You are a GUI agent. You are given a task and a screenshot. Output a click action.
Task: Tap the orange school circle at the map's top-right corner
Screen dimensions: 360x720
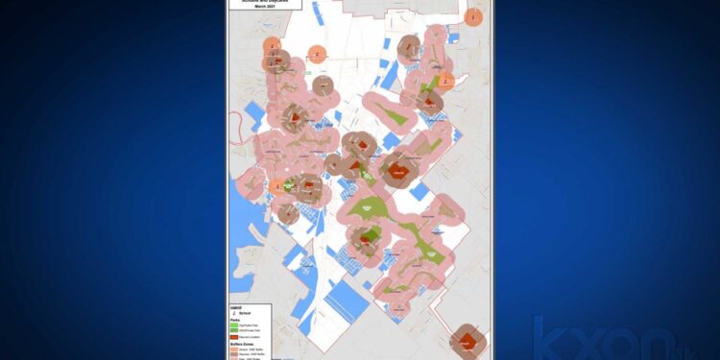[x=473, y=16]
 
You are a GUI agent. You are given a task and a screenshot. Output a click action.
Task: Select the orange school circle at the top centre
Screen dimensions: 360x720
[x=322, y=53]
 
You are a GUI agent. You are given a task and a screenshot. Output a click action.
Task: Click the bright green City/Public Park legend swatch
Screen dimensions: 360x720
[x=235, y=324]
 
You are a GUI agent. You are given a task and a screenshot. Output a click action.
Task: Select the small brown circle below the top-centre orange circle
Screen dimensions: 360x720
[x=324, y=86]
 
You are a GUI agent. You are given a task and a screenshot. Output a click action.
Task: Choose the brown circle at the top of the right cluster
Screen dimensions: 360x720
[x=410, y=45]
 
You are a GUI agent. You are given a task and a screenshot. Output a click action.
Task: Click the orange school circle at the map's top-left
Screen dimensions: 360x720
[x=274, y=45]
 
